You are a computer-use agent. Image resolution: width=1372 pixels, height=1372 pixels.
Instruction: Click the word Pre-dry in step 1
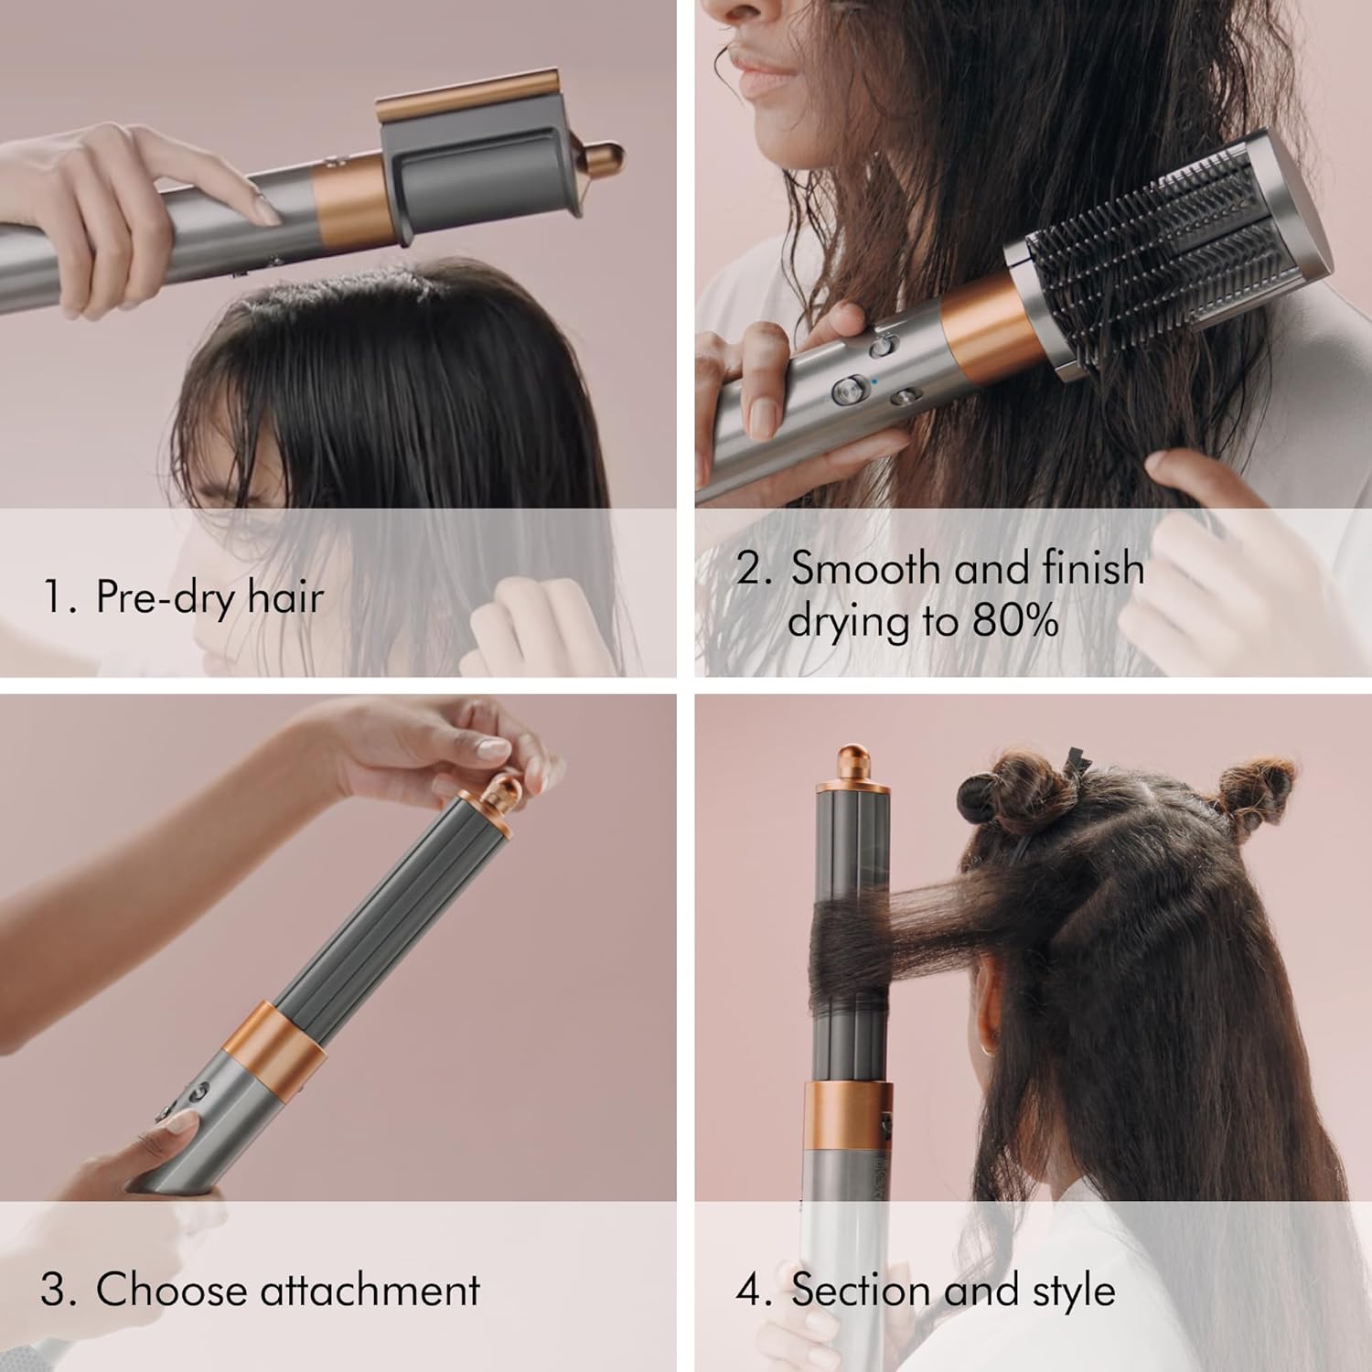pos(152,599)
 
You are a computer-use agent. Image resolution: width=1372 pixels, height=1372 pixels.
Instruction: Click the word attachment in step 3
pos(370,1291)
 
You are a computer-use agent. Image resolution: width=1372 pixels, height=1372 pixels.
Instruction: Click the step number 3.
pos(52,1291)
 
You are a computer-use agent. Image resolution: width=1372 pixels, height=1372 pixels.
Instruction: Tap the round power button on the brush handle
pos(845,391)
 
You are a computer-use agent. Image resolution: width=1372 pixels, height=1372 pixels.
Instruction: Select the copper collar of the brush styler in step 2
pos(983,329)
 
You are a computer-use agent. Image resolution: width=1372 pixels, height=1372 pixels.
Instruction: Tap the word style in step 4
pos(1073,1291)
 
